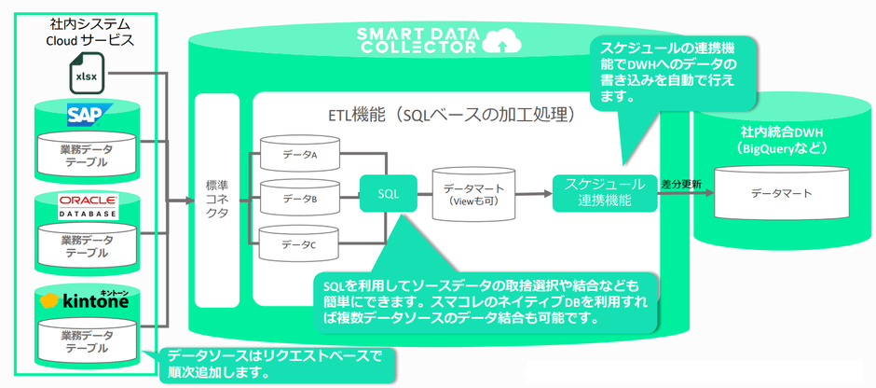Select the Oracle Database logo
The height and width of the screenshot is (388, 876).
tap(88, 206)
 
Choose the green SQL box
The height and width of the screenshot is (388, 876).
tap(388, 193)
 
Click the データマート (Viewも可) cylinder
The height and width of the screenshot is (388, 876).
tap(474, 194)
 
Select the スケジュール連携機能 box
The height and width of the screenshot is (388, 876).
tap(605, 191)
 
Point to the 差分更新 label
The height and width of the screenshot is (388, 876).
tap(680, 183)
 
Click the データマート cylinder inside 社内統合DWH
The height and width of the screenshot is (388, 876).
tap(782, 193)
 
